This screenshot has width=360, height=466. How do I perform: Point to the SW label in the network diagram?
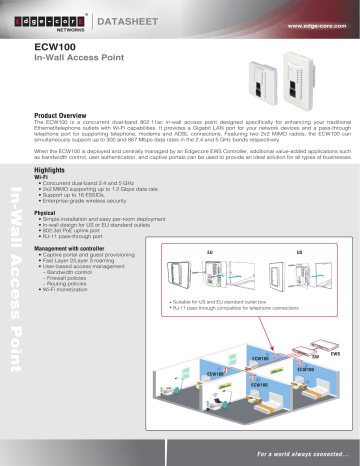315,357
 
